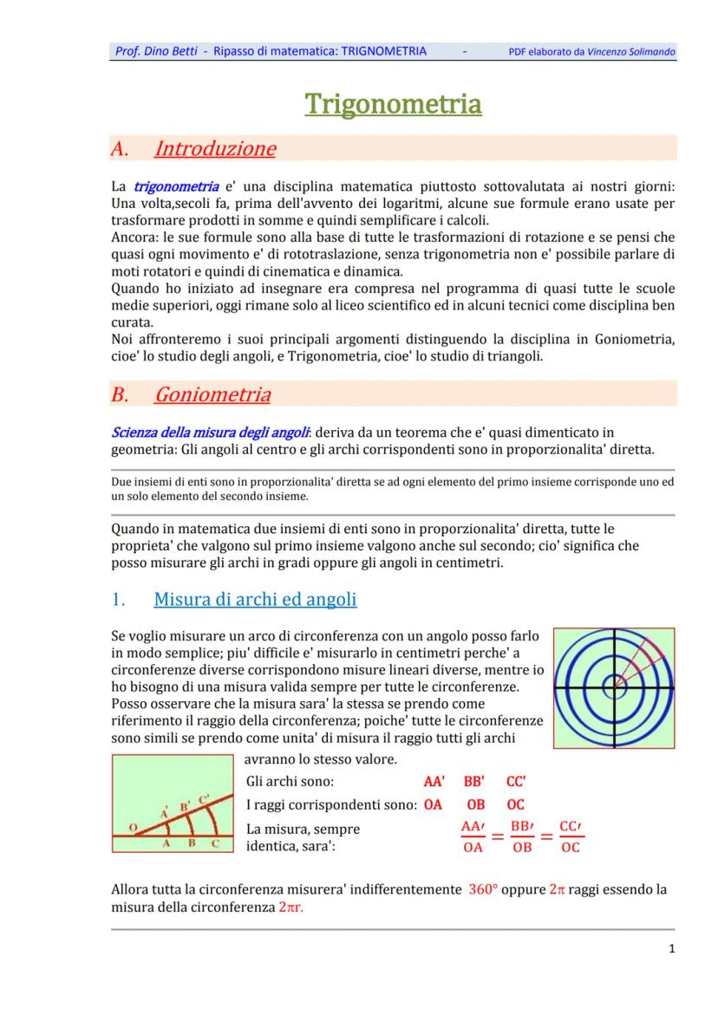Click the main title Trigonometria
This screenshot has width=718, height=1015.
coord(393,104)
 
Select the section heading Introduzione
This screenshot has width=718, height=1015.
coord(214,148)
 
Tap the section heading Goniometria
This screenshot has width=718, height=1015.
coord(212,395)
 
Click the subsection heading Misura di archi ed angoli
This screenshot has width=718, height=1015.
coord(255,599)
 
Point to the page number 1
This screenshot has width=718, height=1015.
coord(672,948)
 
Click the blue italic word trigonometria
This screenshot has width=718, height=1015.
coord(176,186)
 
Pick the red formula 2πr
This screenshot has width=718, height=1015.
coord(291,907)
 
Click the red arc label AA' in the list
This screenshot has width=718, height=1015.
coord(434,781)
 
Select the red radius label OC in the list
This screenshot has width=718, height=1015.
coord(516,804)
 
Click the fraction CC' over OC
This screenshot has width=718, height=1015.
coord(570,836)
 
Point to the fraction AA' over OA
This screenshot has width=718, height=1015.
coord(473,836)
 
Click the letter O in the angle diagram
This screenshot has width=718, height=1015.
coord(132,828)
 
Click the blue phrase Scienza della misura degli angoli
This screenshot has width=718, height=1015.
coord(212,433)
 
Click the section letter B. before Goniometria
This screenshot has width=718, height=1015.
coord(120,395)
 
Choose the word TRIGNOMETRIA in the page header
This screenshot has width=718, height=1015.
coord(384,51)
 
